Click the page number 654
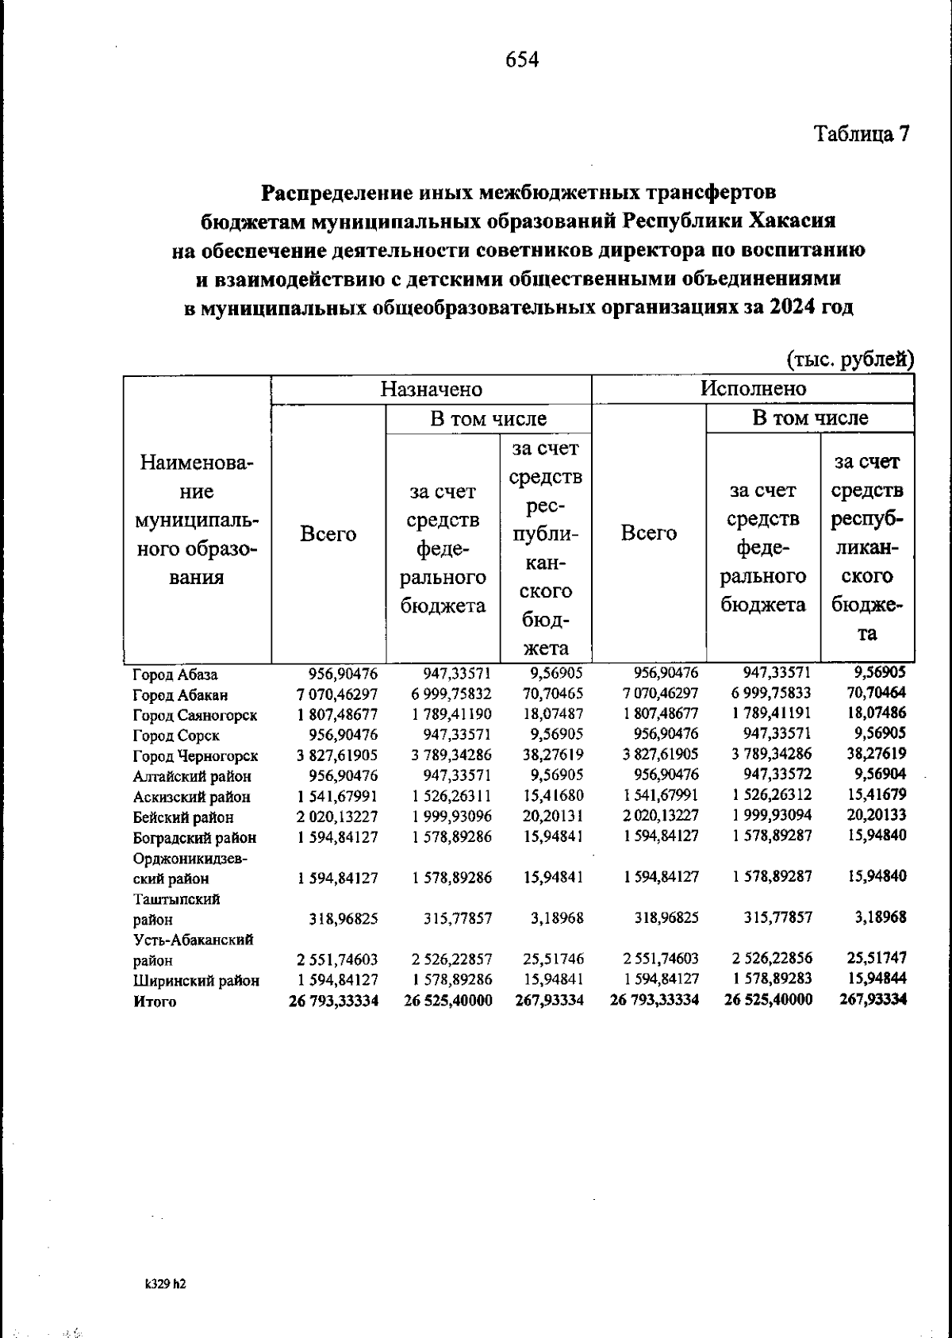pyautogui.click(x=522, y=60)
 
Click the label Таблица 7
pyautogui.click(x=861, y=133)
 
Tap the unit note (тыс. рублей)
pyautogui.click(x=850, y=359)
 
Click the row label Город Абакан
pyautogui.click(x=180, y=695)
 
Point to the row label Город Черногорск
pyautogui.click(x=195, y=756)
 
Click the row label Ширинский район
pyautogui.click(x=196, y=981)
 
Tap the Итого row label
pyautogui.click(x=155, y=1002)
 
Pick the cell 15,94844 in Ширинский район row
pyautogui.click(x=874, y=979)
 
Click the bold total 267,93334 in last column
pyautogui.click(x=873, y=999)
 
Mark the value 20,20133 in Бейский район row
pyautogui.click(x=874, y=814)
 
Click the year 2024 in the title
pyautogui.click(x=794, y=308)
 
